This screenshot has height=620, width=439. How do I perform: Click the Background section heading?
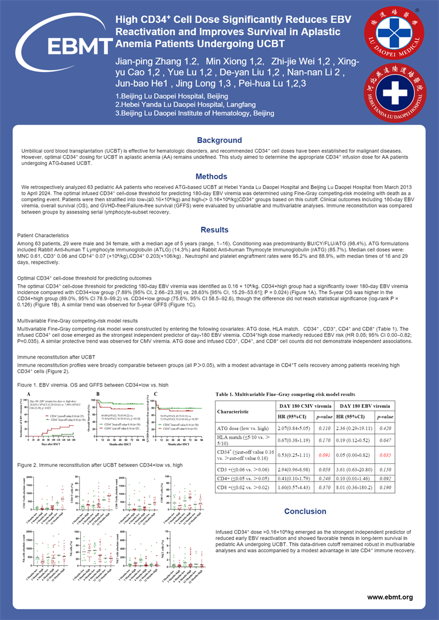click(219, 140)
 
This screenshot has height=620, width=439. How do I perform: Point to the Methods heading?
click(219, 176)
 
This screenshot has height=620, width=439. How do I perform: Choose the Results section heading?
click(219, 230)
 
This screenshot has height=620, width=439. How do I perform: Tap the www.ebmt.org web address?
click(390, 597)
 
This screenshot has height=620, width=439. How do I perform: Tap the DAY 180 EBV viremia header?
click(379, 405)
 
